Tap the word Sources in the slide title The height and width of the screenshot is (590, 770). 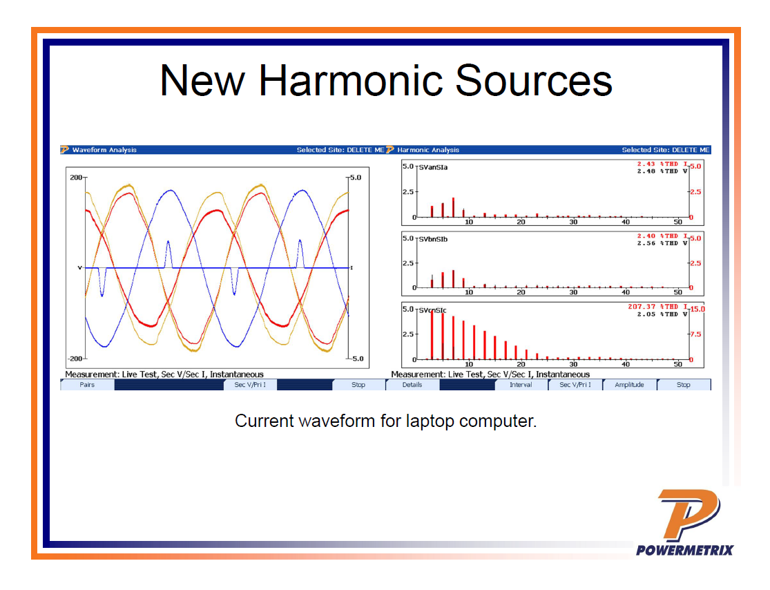click(x=534, y=81)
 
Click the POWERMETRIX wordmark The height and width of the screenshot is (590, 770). click(x=684, y=550)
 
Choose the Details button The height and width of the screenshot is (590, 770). click(x=412, y=385)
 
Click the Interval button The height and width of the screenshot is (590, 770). click(x=521, y=385)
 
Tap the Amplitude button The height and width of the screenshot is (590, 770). click(x=629, y=385)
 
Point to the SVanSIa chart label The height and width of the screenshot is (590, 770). click(x=433, y=167)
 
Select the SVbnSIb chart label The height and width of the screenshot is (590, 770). click(x=433, y=240)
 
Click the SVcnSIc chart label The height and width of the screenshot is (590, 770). click(x=432, y=310)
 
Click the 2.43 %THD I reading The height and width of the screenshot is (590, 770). click(x=662, y=164)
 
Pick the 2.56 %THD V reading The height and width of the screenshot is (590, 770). click(x=662, y=243)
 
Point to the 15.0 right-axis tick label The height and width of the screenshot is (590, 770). click(x=697, y=309)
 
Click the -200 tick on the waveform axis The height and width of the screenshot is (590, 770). click(x=75, y=359)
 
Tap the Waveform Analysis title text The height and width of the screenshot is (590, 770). click(x=104, y=150)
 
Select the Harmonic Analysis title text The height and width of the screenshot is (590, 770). click(x=428, y=150)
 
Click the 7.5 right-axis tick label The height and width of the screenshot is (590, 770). click(x=695, y=334)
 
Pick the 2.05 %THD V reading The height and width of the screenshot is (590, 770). click(x=662, y=314)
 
